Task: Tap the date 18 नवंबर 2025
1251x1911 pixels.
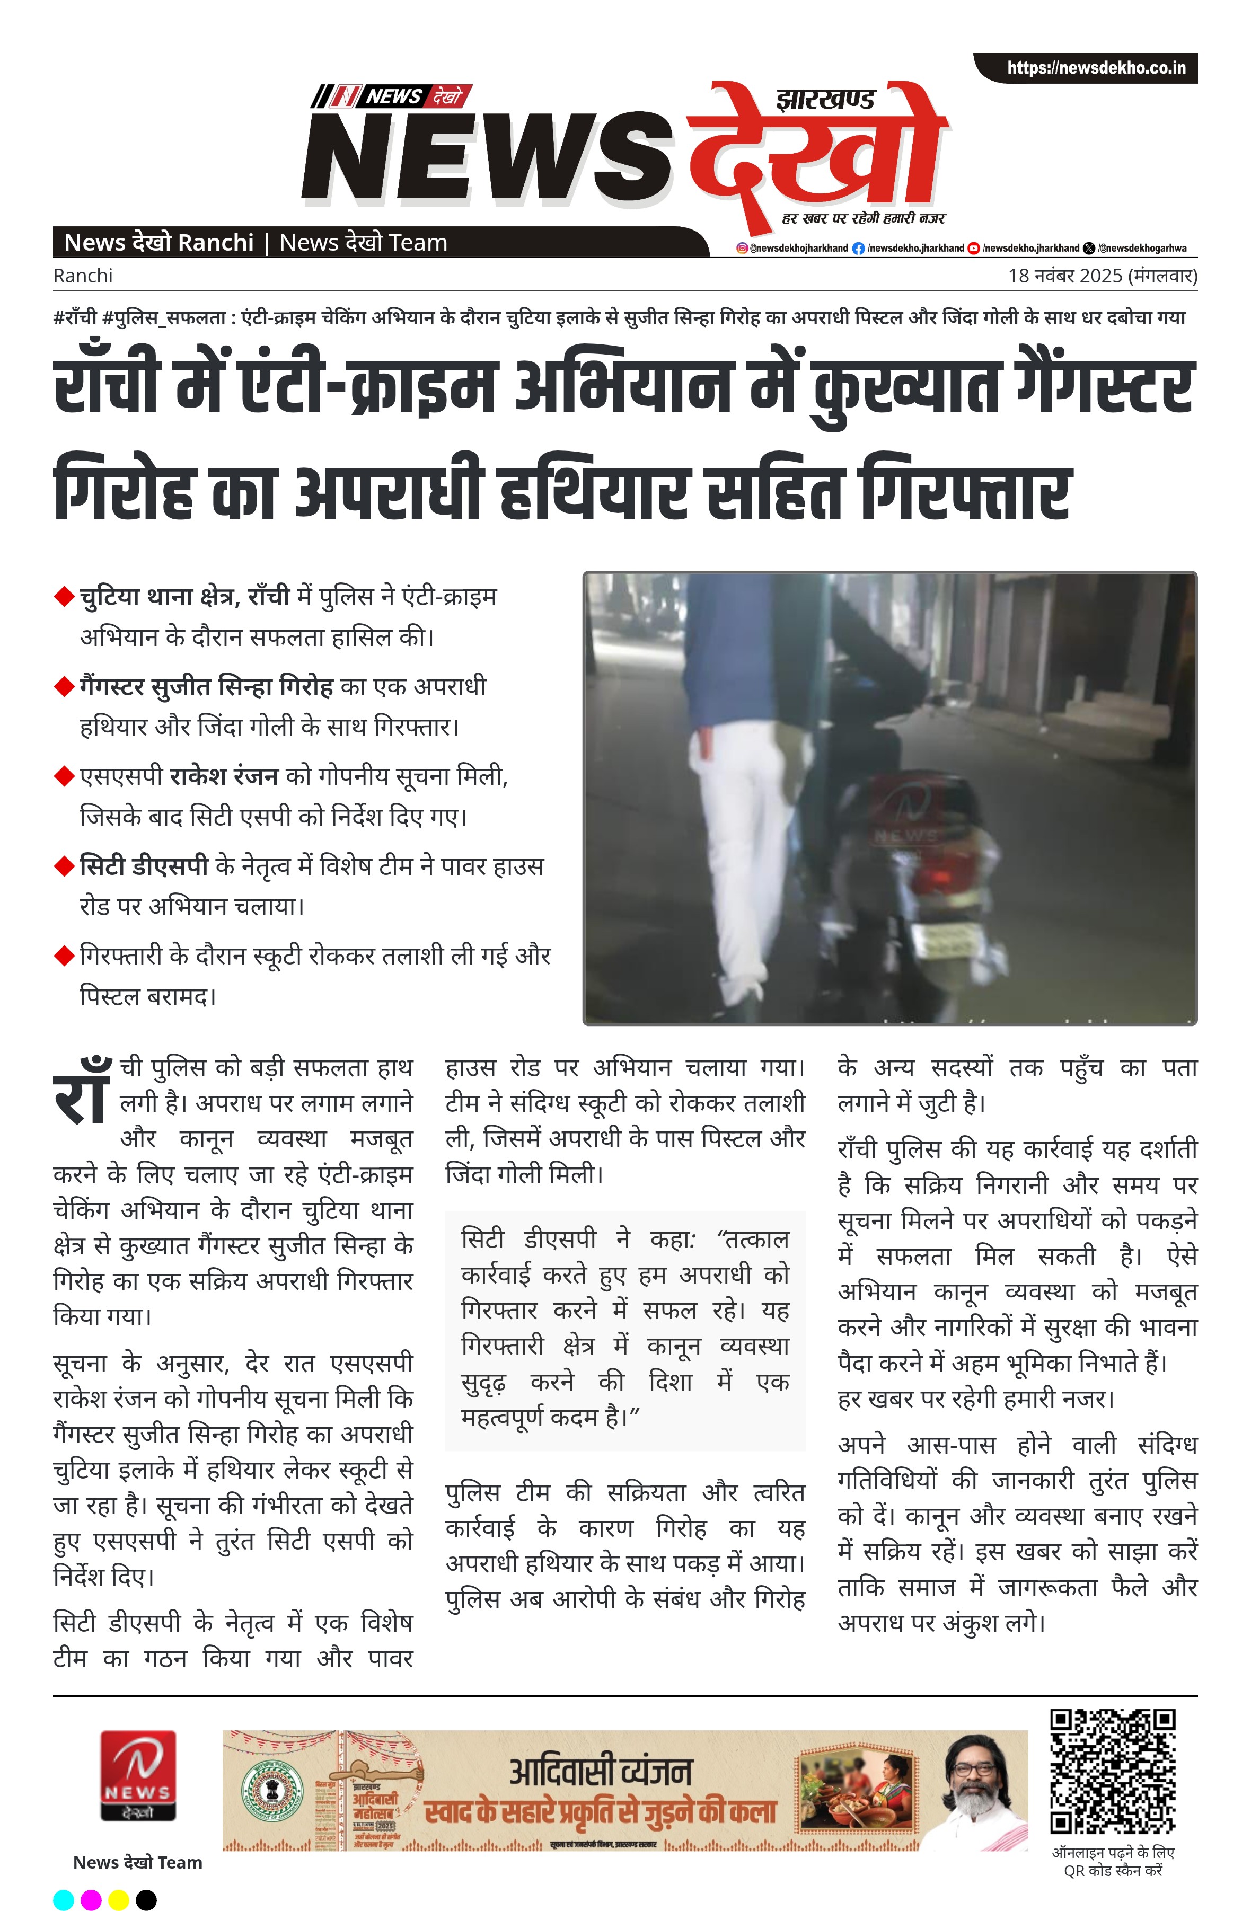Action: click(x=1065, y=276)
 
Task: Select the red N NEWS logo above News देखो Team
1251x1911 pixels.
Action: click(x=137, y=1774)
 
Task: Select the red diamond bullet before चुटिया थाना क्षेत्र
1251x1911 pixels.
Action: click(x=64, y=597)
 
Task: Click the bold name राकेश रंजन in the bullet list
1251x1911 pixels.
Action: click(x=224, y=776)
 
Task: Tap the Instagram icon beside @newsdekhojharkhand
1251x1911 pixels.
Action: click(x=742, y=248)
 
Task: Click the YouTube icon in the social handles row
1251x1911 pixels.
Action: click(x=973, y=248)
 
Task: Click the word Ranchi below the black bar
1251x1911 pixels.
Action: click(x=83, y=276)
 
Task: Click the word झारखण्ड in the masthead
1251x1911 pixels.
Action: click(x=825, y=100)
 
